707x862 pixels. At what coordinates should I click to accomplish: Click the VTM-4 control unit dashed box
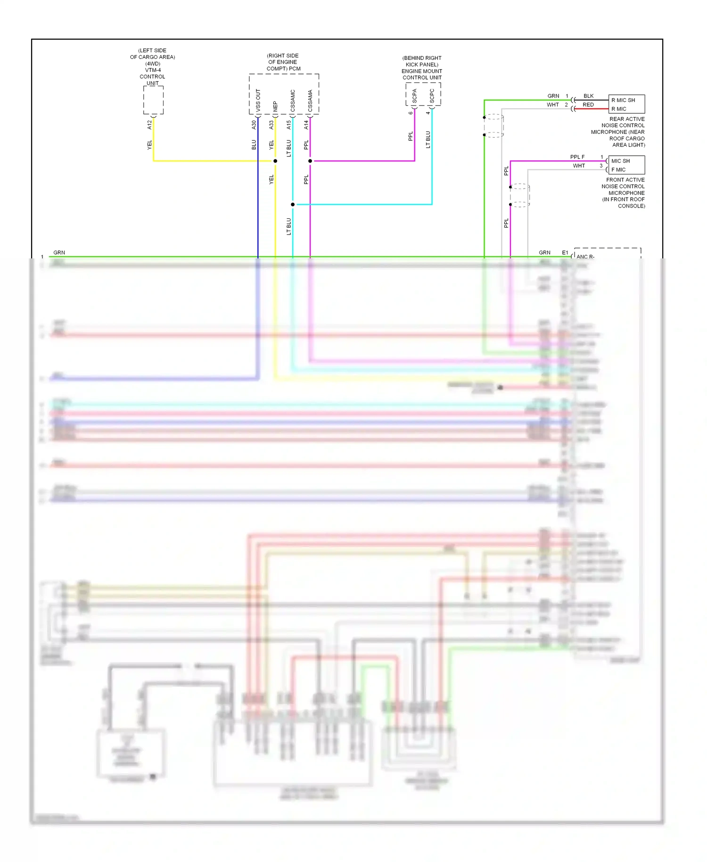153,100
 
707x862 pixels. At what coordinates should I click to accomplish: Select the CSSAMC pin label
293,100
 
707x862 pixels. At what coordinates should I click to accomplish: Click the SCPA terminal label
415,96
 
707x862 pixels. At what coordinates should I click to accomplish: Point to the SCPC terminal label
432,96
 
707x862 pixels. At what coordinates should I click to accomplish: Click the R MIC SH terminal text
623,100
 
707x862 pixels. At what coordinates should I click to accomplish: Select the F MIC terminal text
618,170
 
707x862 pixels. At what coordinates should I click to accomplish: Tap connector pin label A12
149,124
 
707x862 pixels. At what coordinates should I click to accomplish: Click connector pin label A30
254,124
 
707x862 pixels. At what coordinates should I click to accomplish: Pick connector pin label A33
271,124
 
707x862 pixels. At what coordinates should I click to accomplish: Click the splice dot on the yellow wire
275,161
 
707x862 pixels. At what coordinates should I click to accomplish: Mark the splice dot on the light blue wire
293,204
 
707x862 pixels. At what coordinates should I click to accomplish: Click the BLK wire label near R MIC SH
589,96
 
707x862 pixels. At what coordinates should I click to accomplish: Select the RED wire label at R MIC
588,105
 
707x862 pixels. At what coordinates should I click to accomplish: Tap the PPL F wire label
577,157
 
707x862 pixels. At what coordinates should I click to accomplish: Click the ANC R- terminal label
585,257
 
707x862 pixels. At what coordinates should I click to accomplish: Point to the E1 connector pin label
565,253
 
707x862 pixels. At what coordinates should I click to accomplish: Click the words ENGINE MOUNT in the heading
422,71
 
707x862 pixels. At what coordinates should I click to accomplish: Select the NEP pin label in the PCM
275,106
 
